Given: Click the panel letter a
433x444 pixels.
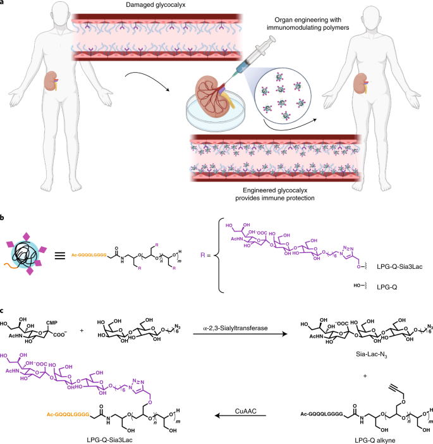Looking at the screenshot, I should pos(4,4).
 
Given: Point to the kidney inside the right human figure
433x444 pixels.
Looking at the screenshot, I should pos(363,85).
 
